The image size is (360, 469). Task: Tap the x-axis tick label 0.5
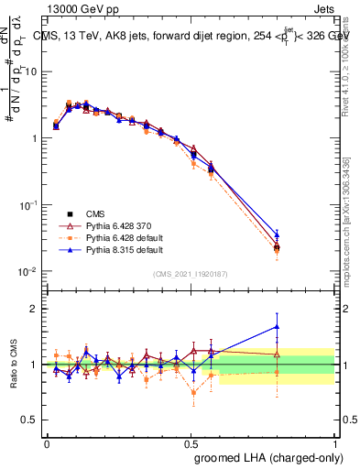190,442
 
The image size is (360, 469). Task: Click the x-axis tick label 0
47,442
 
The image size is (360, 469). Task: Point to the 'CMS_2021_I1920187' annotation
191,274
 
